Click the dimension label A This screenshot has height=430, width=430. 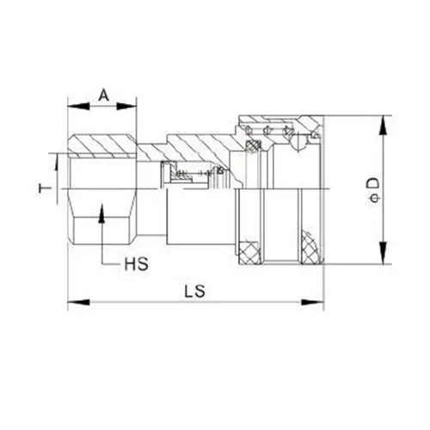(103, 95)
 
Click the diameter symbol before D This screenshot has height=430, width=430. (372, 200)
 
